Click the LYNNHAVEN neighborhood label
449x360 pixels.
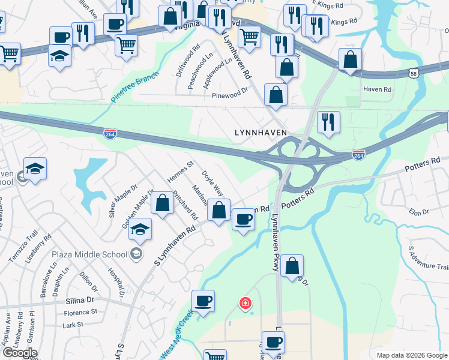(x=261, y=132)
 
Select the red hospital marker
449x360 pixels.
(x=245, y=303)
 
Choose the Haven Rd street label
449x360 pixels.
(x=378, y=89)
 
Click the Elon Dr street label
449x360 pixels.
(x=415, y=211)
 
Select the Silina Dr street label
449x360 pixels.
(x=79, y=299)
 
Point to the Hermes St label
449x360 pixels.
(x=181, y=172)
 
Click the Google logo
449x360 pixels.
(x=19, y=353)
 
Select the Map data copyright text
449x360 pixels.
(x=411, y=355)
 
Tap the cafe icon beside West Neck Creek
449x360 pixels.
(x=203, y=301)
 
